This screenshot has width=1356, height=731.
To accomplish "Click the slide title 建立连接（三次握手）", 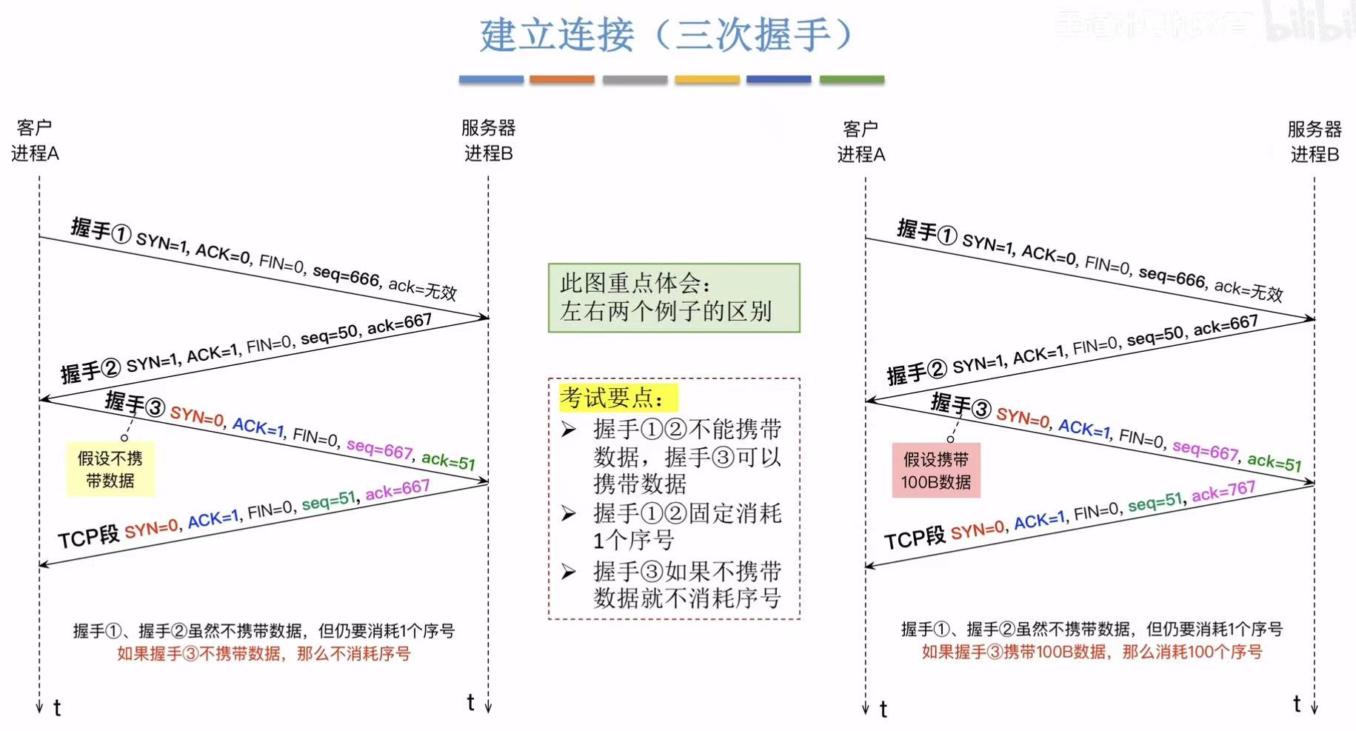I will point(667,35).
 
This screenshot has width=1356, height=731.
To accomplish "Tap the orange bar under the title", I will point(562,79).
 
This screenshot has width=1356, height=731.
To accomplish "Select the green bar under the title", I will point(852,79).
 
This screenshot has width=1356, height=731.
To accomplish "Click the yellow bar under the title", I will point(707,79).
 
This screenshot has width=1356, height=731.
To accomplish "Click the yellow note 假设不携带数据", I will point(110,470).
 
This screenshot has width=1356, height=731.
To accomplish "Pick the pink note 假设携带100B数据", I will point(936,471).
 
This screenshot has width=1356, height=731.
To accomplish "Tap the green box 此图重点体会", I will point(674,298).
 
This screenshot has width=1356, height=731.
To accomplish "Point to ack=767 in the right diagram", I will point(1223,491).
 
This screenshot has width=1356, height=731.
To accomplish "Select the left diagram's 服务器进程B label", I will point(488,141).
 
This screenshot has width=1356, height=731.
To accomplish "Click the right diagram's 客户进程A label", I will point(861,141).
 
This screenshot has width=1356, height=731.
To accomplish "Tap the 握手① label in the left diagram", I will point(101,230).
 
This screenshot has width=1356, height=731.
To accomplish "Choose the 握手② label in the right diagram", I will point(917,373).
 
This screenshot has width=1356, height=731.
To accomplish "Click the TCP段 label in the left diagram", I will point(88,537).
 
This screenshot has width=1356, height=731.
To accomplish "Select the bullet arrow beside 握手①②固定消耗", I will point(569,513).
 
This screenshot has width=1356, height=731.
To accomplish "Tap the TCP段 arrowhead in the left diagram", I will point(44,564).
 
